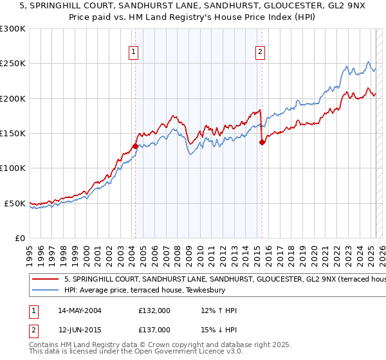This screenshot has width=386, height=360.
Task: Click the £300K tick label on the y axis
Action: click(x=13, y=29)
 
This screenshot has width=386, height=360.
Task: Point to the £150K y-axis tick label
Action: click(x=13, y=134)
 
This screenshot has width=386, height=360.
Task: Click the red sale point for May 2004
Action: click(x=135, y=146)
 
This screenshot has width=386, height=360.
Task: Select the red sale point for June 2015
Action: click(x=262, y=143)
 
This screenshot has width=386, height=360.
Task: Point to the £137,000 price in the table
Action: click(x=154, y=329)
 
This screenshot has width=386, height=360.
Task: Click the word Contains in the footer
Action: click(x=44, y=345)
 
